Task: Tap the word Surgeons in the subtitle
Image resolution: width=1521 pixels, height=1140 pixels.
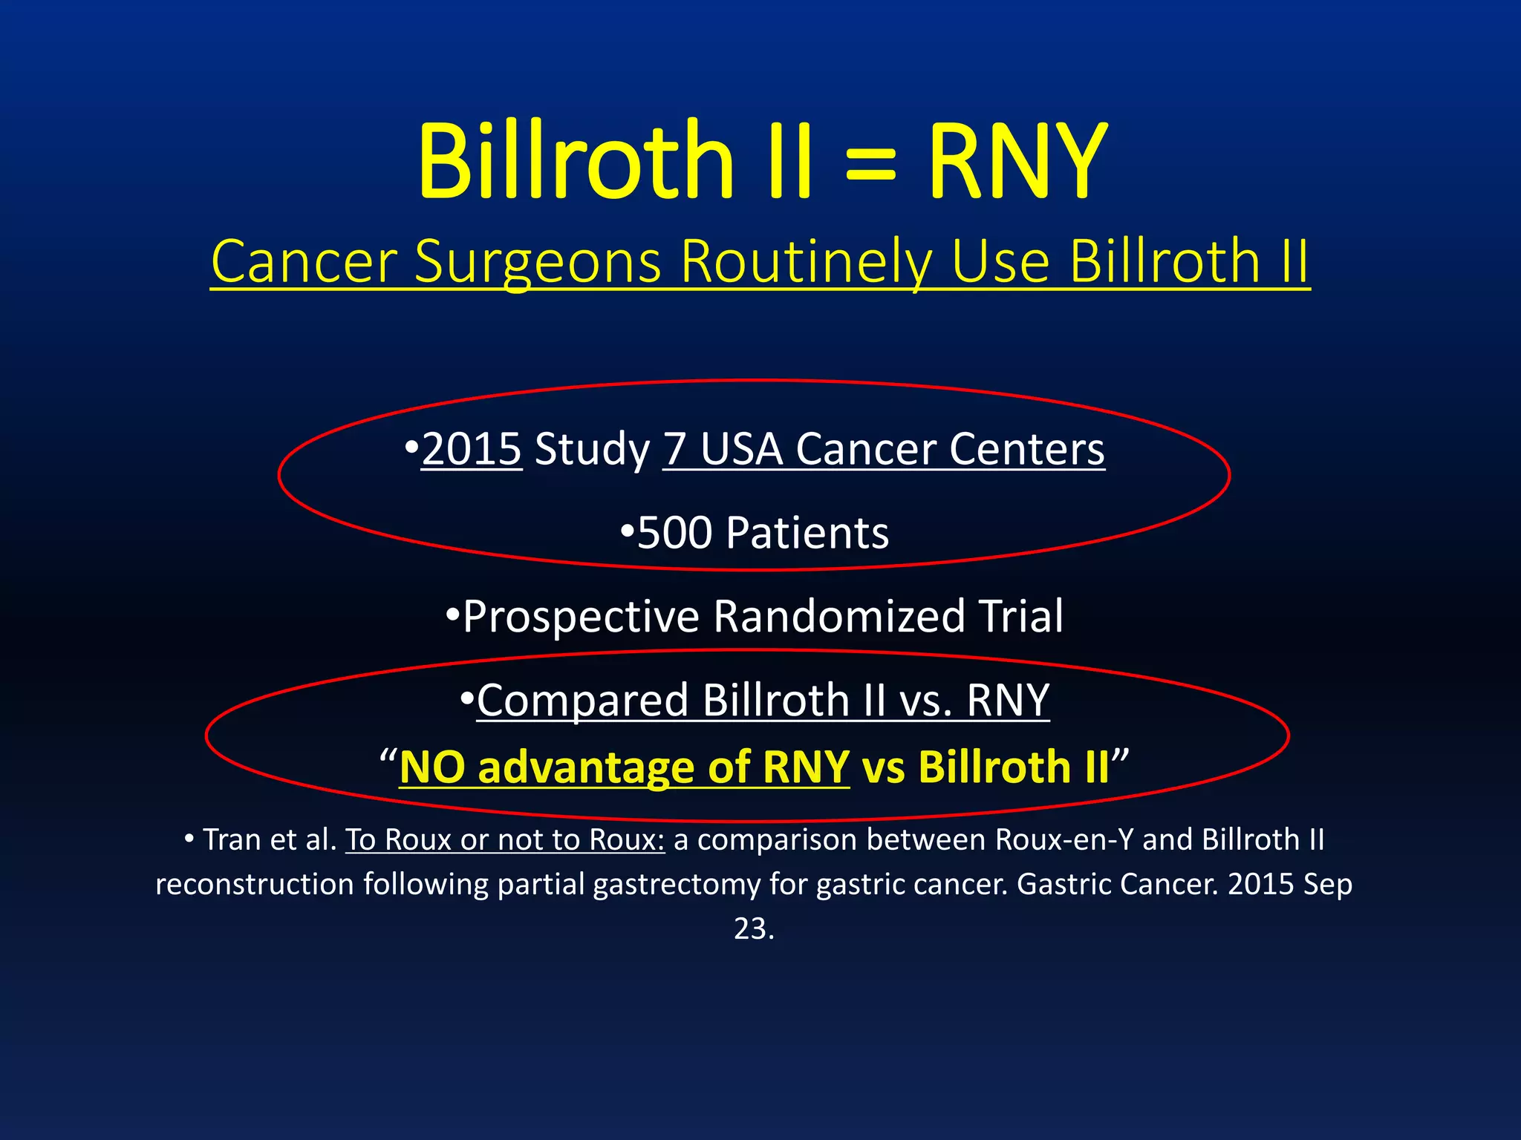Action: click(538, 263)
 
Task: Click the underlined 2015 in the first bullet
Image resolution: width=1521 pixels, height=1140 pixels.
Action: click(472, 450)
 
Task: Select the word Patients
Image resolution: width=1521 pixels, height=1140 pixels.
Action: click(807, 533)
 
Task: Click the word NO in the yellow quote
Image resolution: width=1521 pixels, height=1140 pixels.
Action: click(432, 767)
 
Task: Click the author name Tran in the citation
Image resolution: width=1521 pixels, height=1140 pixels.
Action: click(232, 840)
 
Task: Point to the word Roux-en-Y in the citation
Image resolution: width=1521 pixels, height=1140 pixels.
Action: click(1064, 840)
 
